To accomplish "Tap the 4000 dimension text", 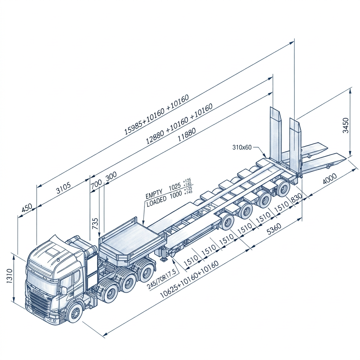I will click(329, 179).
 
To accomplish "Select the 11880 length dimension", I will click(187, 135).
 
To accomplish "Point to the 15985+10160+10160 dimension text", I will click(157, 115).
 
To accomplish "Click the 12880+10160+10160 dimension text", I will click(179, 124).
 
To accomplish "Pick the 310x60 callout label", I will click(242, 147).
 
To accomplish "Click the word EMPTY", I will click(154, 193).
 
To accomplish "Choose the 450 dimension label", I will click(27, 208).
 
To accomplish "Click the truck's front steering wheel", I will click(75, 312).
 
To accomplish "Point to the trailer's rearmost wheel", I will click(282, 188).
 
